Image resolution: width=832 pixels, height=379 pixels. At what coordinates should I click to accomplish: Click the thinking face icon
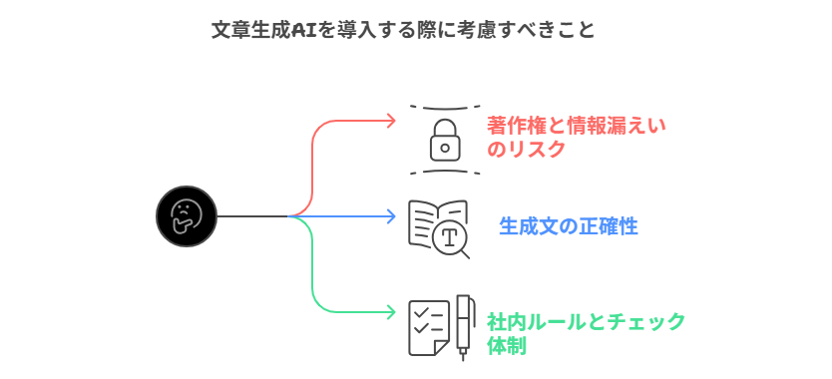pos(187,216)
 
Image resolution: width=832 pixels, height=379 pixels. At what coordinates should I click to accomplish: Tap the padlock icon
pos(445,139)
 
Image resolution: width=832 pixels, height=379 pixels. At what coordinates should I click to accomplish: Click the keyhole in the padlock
pos(445,147)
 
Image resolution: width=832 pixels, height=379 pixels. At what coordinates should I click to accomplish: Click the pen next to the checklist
pos(464,325)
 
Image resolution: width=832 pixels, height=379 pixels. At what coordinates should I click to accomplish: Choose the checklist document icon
pos(428,327)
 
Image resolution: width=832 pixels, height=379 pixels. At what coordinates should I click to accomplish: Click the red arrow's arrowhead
pos(391,121)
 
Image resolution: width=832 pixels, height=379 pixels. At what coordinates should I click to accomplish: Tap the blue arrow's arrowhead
pos(391,216)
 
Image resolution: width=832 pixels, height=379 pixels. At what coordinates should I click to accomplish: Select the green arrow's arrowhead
pos(391,312)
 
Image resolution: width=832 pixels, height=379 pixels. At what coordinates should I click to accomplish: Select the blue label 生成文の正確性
pos(568,226)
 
